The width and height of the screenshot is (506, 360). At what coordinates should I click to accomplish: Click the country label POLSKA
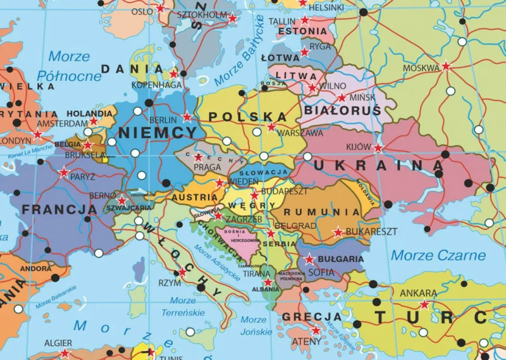pyautogui.click(x=247, y=116)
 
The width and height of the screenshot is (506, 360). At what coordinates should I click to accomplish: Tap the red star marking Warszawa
pyautogui.click(x=271, y=127)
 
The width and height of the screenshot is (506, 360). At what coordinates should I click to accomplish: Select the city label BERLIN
pyautogui.click(x=163, y=120)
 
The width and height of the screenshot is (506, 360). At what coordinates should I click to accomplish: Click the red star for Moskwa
pyautogui.click(x=446, y=66)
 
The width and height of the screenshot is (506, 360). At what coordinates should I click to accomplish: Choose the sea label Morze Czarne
pyautogui.click(x=438, y=256)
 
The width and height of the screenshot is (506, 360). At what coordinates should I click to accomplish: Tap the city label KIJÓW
pyautogui.click(x=358, y=147)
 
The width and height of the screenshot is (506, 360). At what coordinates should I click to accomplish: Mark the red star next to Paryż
pyautogui.click(x=63, y=172)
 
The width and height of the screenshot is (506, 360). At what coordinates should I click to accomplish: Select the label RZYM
pyautogui.click(x=170, y=283)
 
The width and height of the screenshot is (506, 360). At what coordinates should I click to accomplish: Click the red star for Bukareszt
pyautogui.click(x=338, y=232)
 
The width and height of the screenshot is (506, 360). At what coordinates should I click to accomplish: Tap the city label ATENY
pyautogui.click(x=306, y=342)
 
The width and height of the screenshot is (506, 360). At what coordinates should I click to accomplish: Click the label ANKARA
pyautogui.click(x=418, y=293)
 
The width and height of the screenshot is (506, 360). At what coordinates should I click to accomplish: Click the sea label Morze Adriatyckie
pyautogui.click(x=219, y=264)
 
